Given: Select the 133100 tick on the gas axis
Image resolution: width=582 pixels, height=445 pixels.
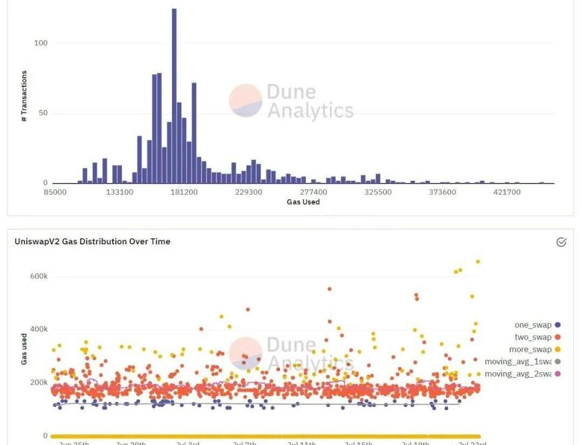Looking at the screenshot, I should click(119, 192).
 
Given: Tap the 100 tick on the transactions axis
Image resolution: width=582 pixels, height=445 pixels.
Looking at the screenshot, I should click(41, 43).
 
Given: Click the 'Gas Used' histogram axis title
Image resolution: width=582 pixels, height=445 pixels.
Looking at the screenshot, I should click(303, 202).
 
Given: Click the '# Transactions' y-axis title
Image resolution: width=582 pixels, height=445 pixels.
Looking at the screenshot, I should click(24, 96).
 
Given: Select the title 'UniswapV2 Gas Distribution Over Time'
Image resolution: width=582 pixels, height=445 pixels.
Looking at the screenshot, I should click(92, 242).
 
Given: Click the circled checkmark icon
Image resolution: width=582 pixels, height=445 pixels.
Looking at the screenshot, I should click(561, 242).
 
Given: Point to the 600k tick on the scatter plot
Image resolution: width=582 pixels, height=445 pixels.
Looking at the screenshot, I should click(39, 276).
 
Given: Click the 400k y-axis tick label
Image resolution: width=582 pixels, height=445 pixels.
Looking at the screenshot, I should click(39, 329).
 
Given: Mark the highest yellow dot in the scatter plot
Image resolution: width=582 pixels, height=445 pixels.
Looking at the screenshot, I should click(477, 262).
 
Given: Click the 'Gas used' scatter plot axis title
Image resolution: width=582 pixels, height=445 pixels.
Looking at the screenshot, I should click(24, 348).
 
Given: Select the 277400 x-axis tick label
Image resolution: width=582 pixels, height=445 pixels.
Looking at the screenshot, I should click(313, 192).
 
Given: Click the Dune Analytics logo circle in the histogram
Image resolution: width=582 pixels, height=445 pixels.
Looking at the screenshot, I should click(246, 100).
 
